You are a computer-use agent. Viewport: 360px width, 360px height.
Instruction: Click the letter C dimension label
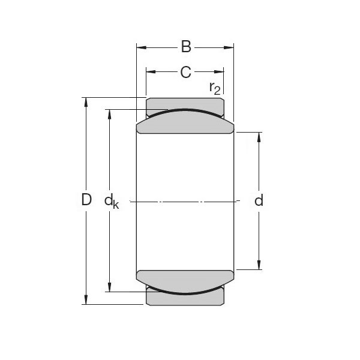[185, 73]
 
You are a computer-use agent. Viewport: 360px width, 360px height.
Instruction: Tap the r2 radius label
[215, 88]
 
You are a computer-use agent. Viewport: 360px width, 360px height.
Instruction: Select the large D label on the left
[86, 200]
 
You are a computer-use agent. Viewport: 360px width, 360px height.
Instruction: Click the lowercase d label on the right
[259, 200]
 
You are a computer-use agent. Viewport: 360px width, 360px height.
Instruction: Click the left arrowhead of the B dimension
[141, 47]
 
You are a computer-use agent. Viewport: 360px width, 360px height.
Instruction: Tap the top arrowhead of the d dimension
[259, 136]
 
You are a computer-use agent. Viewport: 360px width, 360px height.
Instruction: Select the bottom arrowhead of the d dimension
[259, 265]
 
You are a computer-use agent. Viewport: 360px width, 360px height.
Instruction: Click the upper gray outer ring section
[185, 104]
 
